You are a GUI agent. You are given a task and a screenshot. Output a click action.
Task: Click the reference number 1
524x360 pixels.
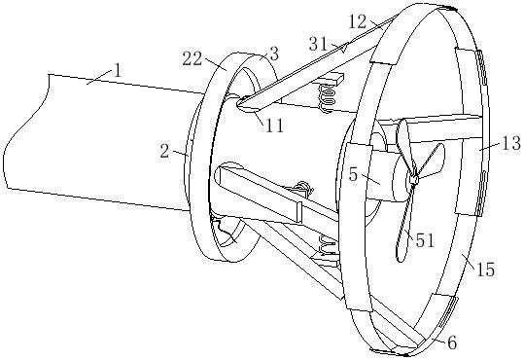(x=118, y=71)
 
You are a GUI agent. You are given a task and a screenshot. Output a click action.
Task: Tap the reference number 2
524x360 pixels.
(x=164, y=151)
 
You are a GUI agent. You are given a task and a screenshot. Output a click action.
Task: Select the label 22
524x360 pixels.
(x=192, y=59)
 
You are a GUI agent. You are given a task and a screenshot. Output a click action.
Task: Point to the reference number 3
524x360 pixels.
(x=274, y=54)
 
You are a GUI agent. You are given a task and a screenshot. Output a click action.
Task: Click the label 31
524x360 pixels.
(x=318, y=44)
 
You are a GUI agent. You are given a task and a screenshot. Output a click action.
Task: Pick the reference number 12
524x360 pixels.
(x=358, y=22)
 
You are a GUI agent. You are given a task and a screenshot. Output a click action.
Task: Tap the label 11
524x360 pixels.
(x=275, y=126)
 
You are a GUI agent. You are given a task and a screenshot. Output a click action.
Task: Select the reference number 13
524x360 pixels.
(x=510, y=143)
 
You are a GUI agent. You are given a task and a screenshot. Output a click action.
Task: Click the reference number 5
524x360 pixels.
(x=353, y=174)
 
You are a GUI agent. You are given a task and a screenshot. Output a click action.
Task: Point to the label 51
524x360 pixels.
(x=425, y=240)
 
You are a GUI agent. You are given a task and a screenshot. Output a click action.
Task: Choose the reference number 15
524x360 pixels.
(x=485, y=269)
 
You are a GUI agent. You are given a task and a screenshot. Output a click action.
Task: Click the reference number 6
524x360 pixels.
(x=451, y=342)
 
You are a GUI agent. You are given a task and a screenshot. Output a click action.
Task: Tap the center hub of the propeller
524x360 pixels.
(x=413, y=180)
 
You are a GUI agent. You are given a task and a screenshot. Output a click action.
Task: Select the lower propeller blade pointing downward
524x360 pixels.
(x=403, y=224)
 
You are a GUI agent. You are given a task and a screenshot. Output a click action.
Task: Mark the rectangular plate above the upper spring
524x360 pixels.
(x=330, y=81)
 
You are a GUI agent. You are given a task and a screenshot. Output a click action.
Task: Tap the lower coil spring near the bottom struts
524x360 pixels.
(x=328, y=245)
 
